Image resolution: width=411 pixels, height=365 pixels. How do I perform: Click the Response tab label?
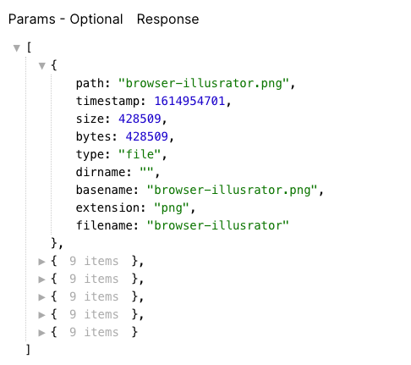click(167, 19)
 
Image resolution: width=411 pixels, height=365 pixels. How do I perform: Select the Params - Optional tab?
click(65, 19)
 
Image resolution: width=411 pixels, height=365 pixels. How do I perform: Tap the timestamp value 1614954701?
click(189, 101)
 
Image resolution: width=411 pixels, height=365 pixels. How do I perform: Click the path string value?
click(204, 84)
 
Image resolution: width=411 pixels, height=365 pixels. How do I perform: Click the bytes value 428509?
click(146, 136)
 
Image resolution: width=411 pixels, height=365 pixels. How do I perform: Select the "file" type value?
click(140, 154)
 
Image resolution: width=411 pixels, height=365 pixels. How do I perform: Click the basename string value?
click(232, 190)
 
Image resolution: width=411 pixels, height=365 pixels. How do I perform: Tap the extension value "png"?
click(172, 208)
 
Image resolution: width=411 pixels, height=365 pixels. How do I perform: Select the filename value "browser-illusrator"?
click(218, 225)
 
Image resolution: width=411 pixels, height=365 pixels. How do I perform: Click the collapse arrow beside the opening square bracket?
click(17, 48)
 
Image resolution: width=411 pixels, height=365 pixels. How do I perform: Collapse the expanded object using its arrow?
click(42, 66)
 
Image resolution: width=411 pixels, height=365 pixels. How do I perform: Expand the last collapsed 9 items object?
click(41, 333)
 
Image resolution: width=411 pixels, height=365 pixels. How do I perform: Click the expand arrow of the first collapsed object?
click(41, 262)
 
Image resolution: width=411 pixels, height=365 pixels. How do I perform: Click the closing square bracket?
click(28, 350)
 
